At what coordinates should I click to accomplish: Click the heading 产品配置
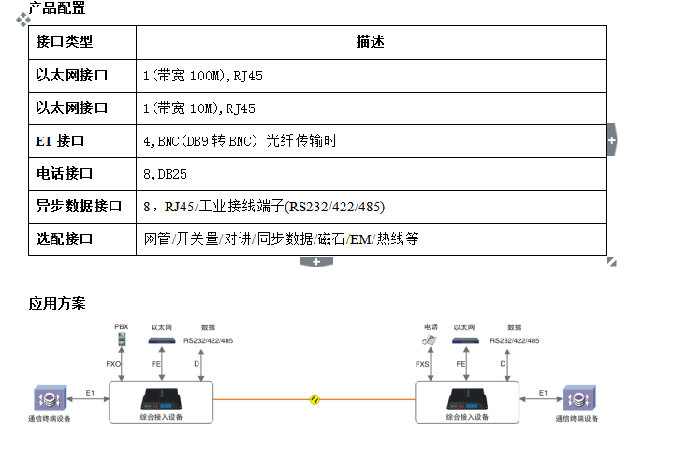pyautogui.click(x=57, y=8)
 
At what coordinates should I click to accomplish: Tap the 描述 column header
pyautogui.click(x=370, y=42)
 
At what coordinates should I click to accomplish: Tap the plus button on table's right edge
pyautogui.click(x=612, y=139)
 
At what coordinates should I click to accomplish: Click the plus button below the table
pyautogui.click(x=316, y=261)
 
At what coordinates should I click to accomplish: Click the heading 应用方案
pyautogui.click(x=57, y=303)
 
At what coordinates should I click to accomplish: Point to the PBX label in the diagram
pyautogui.click(x=121, y=327)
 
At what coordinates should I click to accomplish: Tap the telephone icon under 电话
pyautogui.click(x=430, y=340)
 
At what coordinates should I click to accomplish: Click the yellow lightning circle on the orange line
pyautogui.click(x=316, y=399)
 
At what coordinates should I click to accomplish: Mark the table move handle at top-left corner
pyautogui.click(x=24, y=20)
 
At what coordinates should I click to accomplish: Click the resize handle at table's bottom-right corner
pyautogui.click(x=612, y=262)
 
